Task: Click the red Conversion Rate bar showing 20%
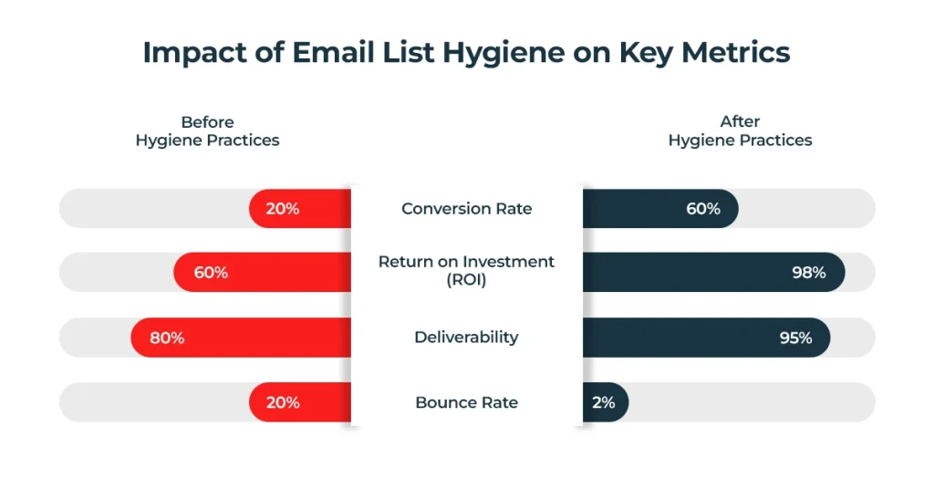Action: pos(300,208)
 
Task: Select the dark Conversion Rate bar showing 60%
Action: pos(659,208)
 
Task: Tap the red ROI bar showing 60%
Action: pos(263,273)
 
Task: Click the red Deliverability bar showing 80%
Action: pos(241,338)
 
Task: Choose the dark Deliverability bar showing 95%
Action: pos(706,338)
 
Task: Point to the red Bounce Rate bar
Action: pos(300,402)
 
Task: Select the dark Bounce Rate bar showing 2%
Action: pos(605,402)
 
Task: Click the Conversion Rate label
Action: pos(466,209)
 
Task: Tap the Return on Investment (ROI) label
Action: pos(466,271)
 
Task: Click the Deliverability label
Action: pos(466,338)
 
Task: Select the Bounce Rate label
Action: pos(466,402)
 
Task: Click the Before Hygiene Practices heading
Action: pos(207,131)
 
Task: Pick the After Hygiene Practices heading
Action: pos(740,131)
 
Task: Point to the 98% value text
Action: pos(808,273)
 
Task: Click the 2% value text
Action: pos(603,402)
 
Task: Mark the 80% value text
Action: pos(167,338)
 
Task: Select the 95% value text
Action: pos(794,338)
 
